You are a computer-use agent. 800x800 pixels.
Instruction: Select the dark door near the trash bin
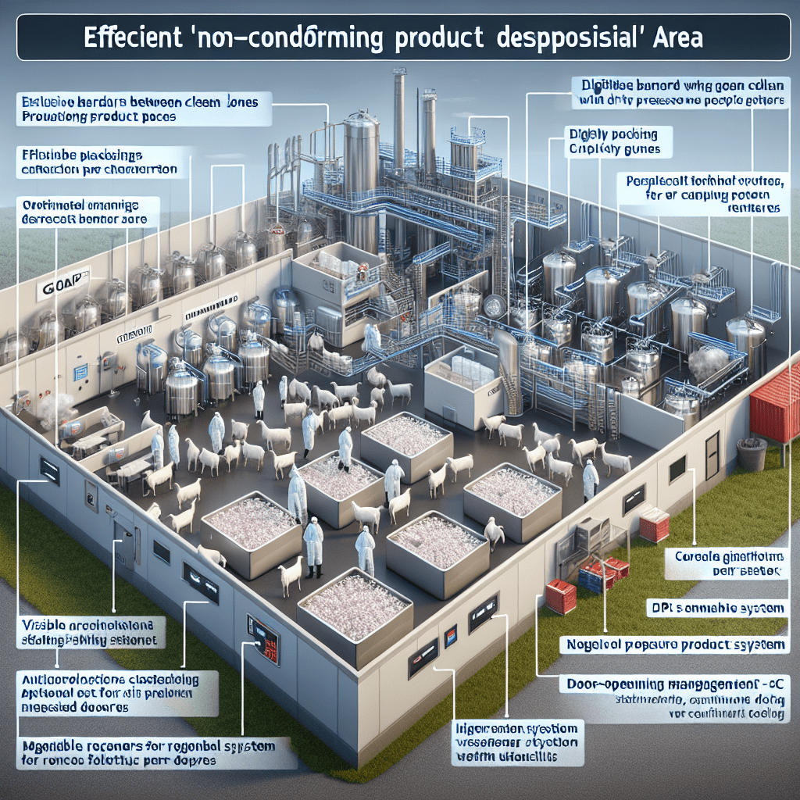[712, 455]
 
